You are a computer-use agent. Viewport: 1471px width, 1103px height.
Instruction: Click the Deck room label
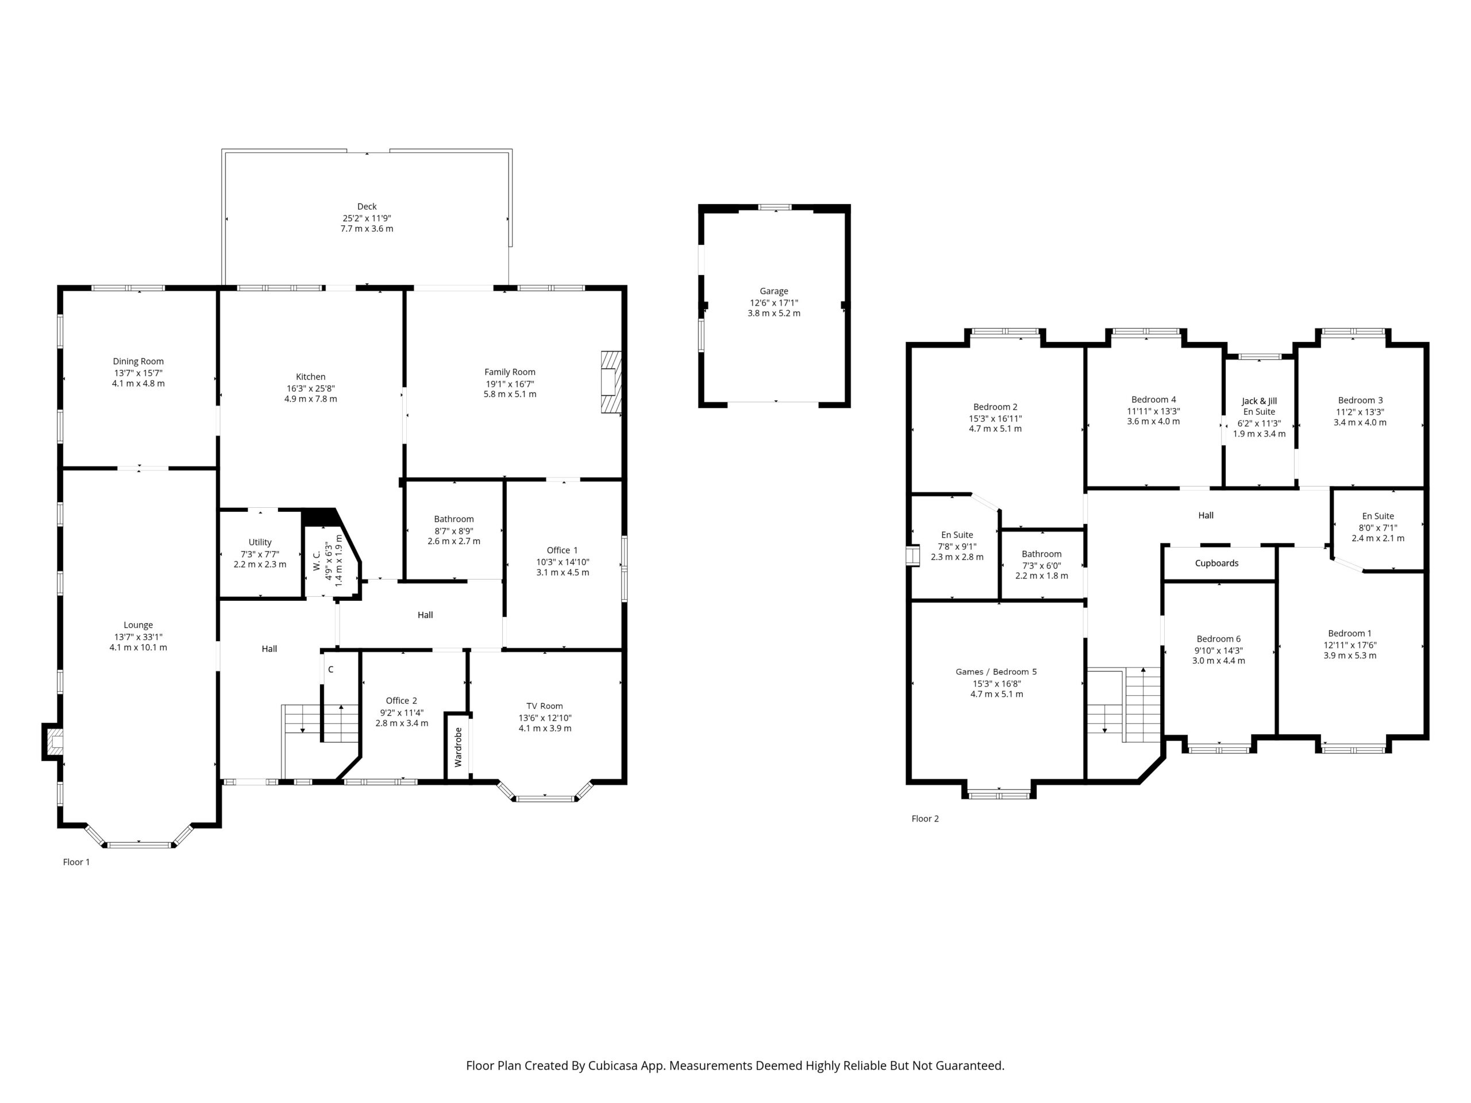coord(367,206)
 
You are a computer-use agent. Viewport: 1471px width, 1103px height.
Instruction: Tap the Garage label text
coord(774,291)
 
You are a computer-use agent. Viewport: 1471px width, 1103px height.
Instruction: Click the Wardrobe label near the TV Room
coord(458,747)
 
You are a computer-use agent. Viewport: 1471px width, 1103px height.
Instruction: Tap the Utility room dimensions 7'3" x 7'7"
coord(260,554)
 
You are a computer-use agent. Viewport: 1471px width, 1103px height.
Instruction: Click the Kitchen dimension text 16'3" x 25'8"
coord(310,388)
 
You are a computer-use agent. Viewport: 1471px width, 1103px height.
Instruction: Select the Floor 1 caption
coord(76,862)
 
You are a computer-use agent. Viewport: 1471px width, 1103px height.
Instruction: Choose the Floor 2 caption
coord(925,819)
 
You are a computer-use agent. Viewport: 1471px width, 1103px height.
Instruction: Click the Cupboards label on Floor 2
coord(1216,563)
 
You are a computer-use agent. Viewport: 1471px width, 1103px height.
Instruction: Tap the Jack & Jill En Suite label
coord(1259,406)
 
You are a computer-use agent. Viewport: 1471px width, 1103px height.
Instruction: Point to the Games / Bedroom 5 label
coord(996,672)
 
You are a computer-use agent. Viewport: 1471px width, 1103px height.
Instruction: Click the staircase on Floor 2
coord(1124,705)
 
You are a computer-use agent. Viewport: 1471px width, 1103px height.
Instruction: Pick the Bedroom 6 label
coord(1218,639)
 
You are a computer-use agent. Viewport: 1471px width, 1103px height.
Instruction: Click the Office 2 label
coord(402,700)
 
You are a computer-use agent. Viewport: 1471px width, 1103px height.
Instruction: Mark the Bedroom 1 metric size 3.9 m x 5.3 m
coord(1350,655)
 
